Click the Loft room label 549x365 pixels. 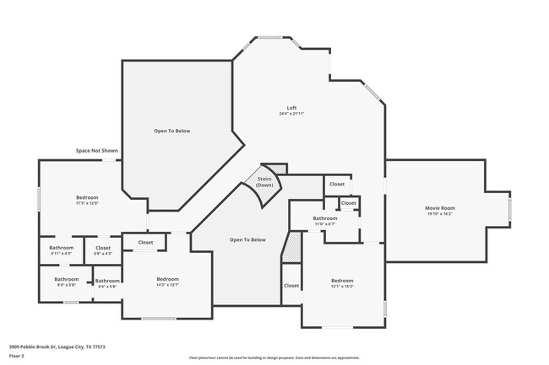click(x=291, y=107)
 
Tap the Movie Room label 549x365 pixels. click(x=439, y=207)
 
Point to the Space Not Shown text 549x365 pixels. click(x=96, y=150)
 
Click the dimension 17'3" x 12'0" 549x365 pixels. click(x=87, y=203)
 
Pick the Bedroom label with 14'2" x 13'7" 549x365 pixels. click(x=167, y=279)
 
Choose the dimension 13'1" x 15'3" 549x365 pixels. click(x=341, y=287)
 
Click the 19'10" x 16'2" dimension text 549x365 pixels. click(x=439, y=214)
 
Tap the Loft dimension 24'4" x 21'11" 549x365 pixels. click(x=291, y=113)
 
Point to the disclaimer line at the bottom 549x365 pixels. click(x=274, y=357)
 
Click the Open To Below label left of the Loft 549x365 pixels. click(x=171, y=131)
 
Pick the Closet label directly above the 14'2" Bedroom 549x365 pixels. click(x=145, y=242)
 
